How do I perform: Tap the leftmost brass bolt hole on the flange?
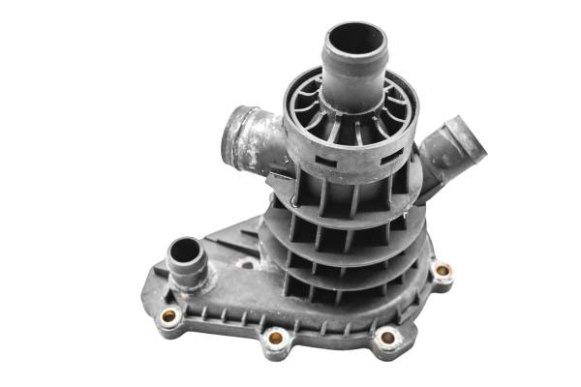[x=169, y=315]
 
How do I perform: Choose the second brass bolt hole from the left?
[x=276, y=338]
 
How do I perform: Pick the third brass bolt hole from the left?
[x=386, y=338]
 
